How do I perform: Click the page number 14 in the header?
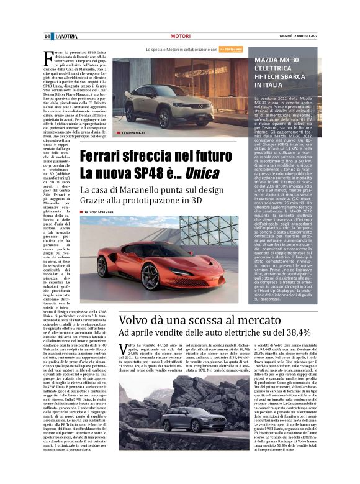coord(47,37)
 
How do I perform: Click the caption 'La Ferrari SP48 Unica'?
coord(99,212)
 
